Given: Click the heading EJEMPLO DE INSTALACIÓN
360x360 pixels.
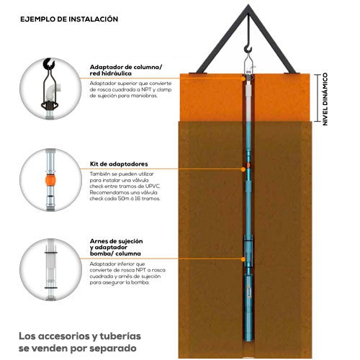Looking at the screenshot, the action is [x=69, y=19].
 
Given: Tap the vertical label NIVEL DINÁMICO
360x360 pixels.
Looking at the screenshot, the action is [x=325, y=99].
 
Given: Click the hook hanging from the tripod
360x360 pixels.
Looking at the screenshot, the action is [x=248, y=49].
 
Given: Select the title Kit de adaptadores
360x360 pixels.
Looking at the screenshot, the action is [x=119, y=164].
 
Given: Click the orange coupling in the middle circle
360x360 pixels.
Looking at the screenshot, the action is [x=50, y=180].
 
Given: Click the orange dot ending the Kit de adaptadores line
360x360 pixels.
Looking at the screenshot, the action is [x=243, y=169].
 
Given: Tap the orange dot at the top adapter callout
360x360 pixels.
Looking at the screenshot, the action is [x=243, y=78].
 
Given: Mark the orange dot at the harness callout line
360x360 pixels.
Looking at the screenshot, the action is [x=243, y=259].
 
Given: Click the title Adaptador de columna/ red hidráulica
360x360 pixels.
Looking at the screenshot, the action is [x=126, y=71].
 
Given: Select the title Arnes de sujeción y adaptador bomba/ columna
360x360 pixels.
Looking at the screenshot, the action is [x=117, y=247].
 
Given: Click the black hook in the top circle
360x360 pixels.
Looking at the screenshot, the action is [x=50, y=64].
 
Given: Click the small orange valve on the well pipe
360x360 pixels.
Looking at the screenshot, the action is [x=248, y=165].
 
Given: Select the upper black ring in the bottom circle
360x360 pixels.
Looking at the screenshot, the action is [x=51, y=253].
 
